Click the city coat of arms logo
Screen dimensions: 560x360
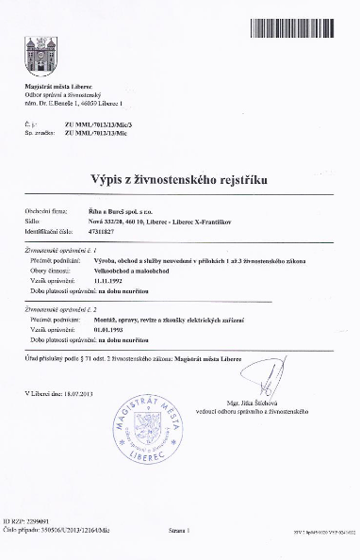coord(40,57)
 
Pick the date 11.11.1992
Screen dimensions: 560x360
coord(110,281)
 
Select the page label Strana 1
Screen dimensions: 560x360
coord(176,531)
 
